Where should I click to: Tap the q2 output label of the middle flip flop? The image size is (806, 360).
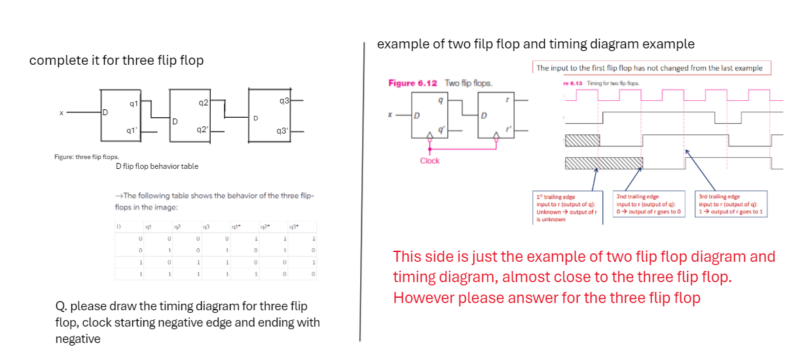pyautogui.click(x=203, y=103)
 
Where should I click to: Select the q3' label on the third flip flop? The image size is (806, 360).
pyautogui.click(x=282, y=131)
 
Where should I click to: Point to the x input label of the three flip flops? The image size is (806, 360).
pyautogui.click(x=61, y=113)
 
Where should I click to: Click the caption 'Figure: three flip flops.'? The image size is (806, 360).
pyautogui.click(x=82, y=157)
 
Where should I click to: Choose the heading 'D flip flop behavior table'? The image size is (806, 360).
pyautogui.click(x=156, y=166)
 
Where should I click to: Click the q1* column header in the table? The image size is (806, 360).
pyautogui.click(x=235, y=227)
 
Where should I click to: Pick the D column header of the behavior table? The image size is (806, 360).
pyautogui.click(x=119, y=226)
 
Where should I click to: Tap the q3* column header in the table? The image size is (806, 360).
pyautogui.click(x=294, y=227)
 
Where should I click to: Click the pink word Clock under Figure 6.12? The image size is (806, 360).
pyautogui.click(x=430, y=160)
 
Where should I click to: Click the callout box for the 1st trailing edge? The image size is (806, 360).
pyautogui.click(x=568, y=207)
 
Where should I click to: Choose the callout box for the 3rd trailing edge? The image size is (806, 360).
pyautogui.click(x=731, y=204)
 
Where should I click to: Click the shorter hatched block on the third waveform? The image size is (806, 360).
pyautogui.click(x=582, y=139)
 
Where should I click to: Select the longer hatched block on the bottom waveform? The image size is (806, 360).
pyautogui.click(x=604, y=164)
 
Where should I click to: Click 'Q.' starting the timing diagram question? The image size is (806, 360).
pyautogui.click(x=62, y=306)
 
